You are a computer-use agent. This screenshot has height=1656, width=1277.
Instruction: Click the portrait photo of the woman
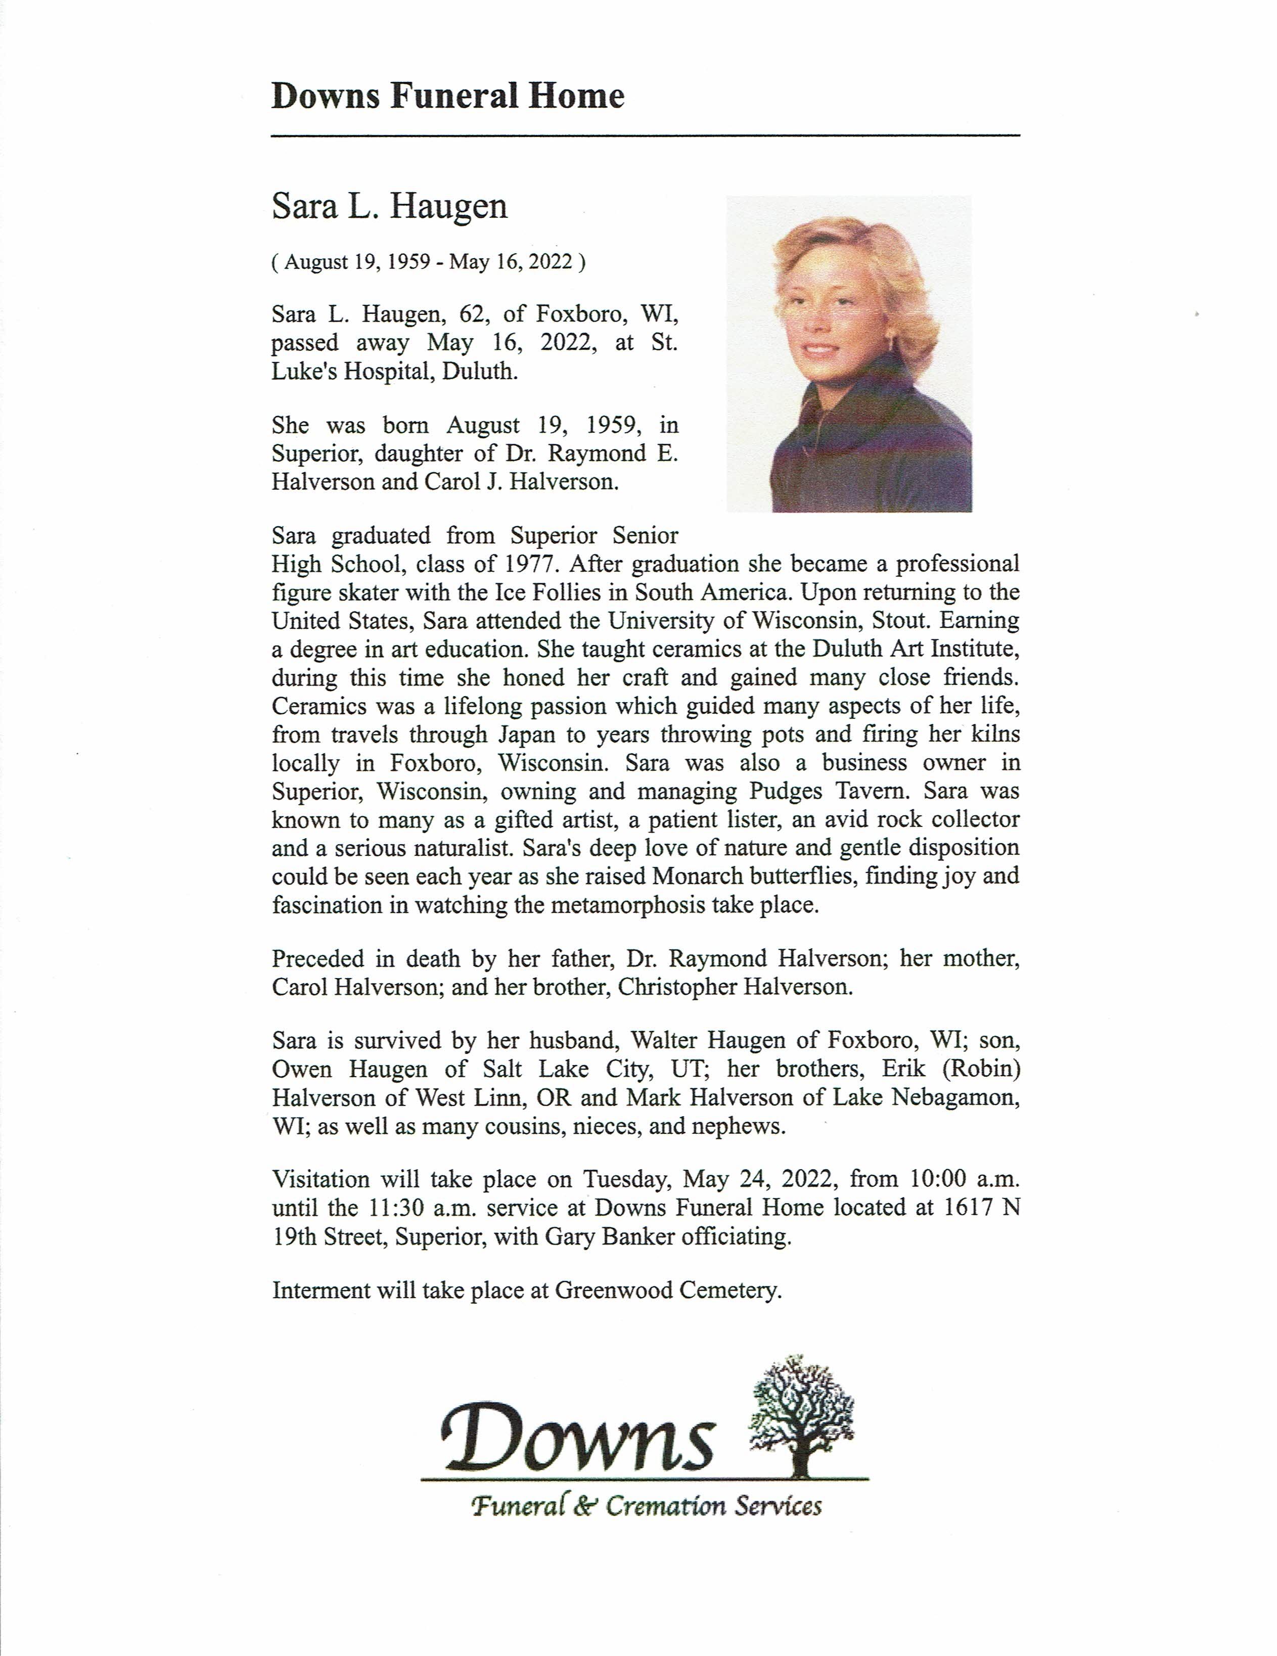[x=848, y=353]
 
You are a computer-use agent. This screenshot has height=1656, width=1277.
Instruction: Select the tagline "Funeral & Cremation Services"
[x=646, y=1506]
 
